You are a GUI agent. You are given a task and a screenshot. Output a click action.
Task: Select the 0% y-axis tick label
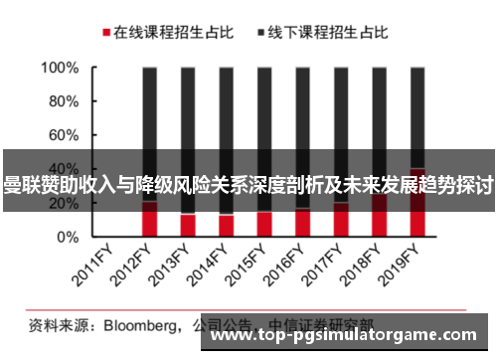67,238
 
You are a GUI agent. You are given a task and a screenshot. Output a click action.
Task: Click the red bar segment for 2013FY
188,226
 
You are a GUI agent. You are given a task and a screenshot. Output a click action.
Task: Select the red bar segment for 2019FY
417,219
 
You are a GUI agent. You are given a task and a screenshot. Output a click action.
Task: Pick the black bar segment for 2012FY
149,109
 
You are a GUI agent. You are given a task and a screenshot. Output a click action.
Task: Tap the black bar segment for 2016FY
302,109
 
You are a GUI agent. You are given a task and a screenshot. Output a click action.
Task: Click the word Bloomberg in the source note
132,324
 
